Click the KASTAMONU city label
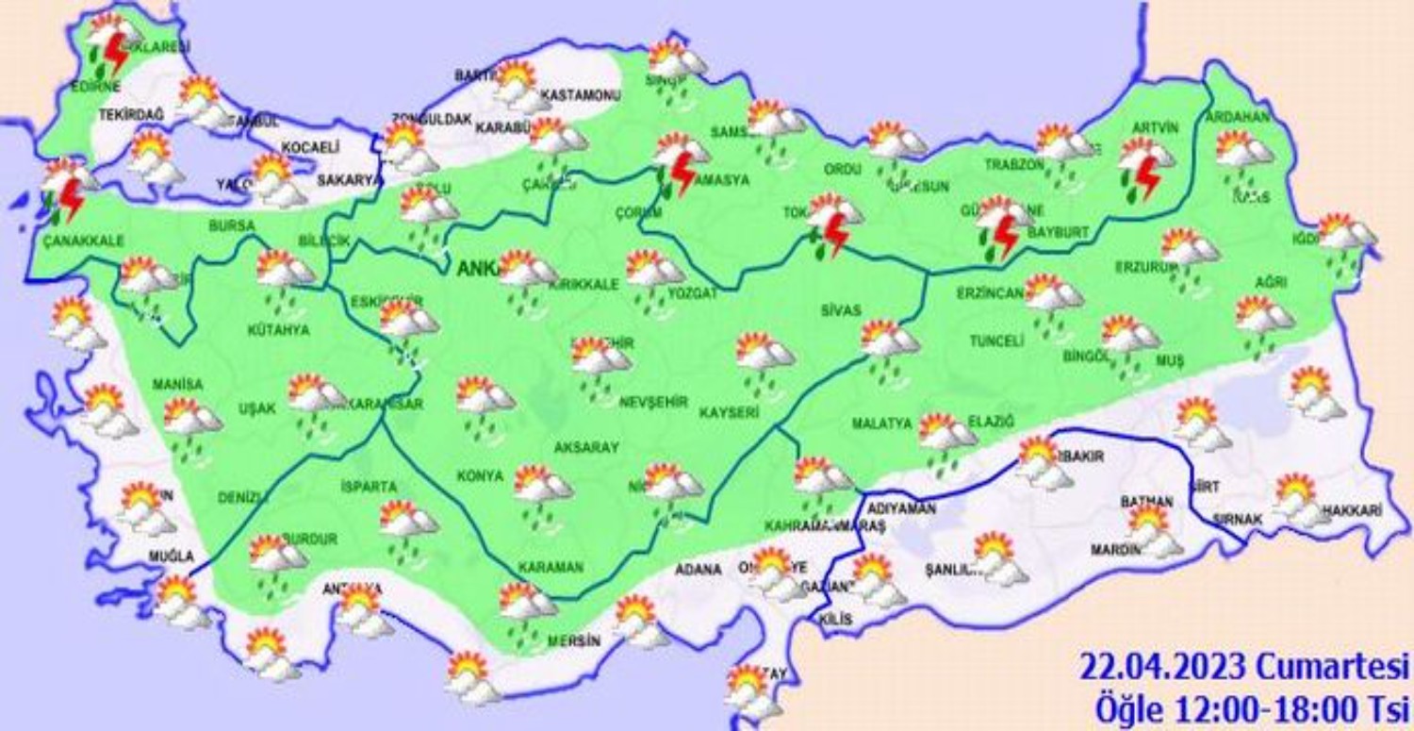coord(581,96)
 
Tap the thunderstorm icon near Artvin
coord(1143,168)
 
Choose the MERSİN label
coord(572,640)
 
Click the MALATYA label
coord(882,424)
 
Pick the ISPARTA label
coord(369,487)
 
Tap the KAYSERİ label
coord(730,413)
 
